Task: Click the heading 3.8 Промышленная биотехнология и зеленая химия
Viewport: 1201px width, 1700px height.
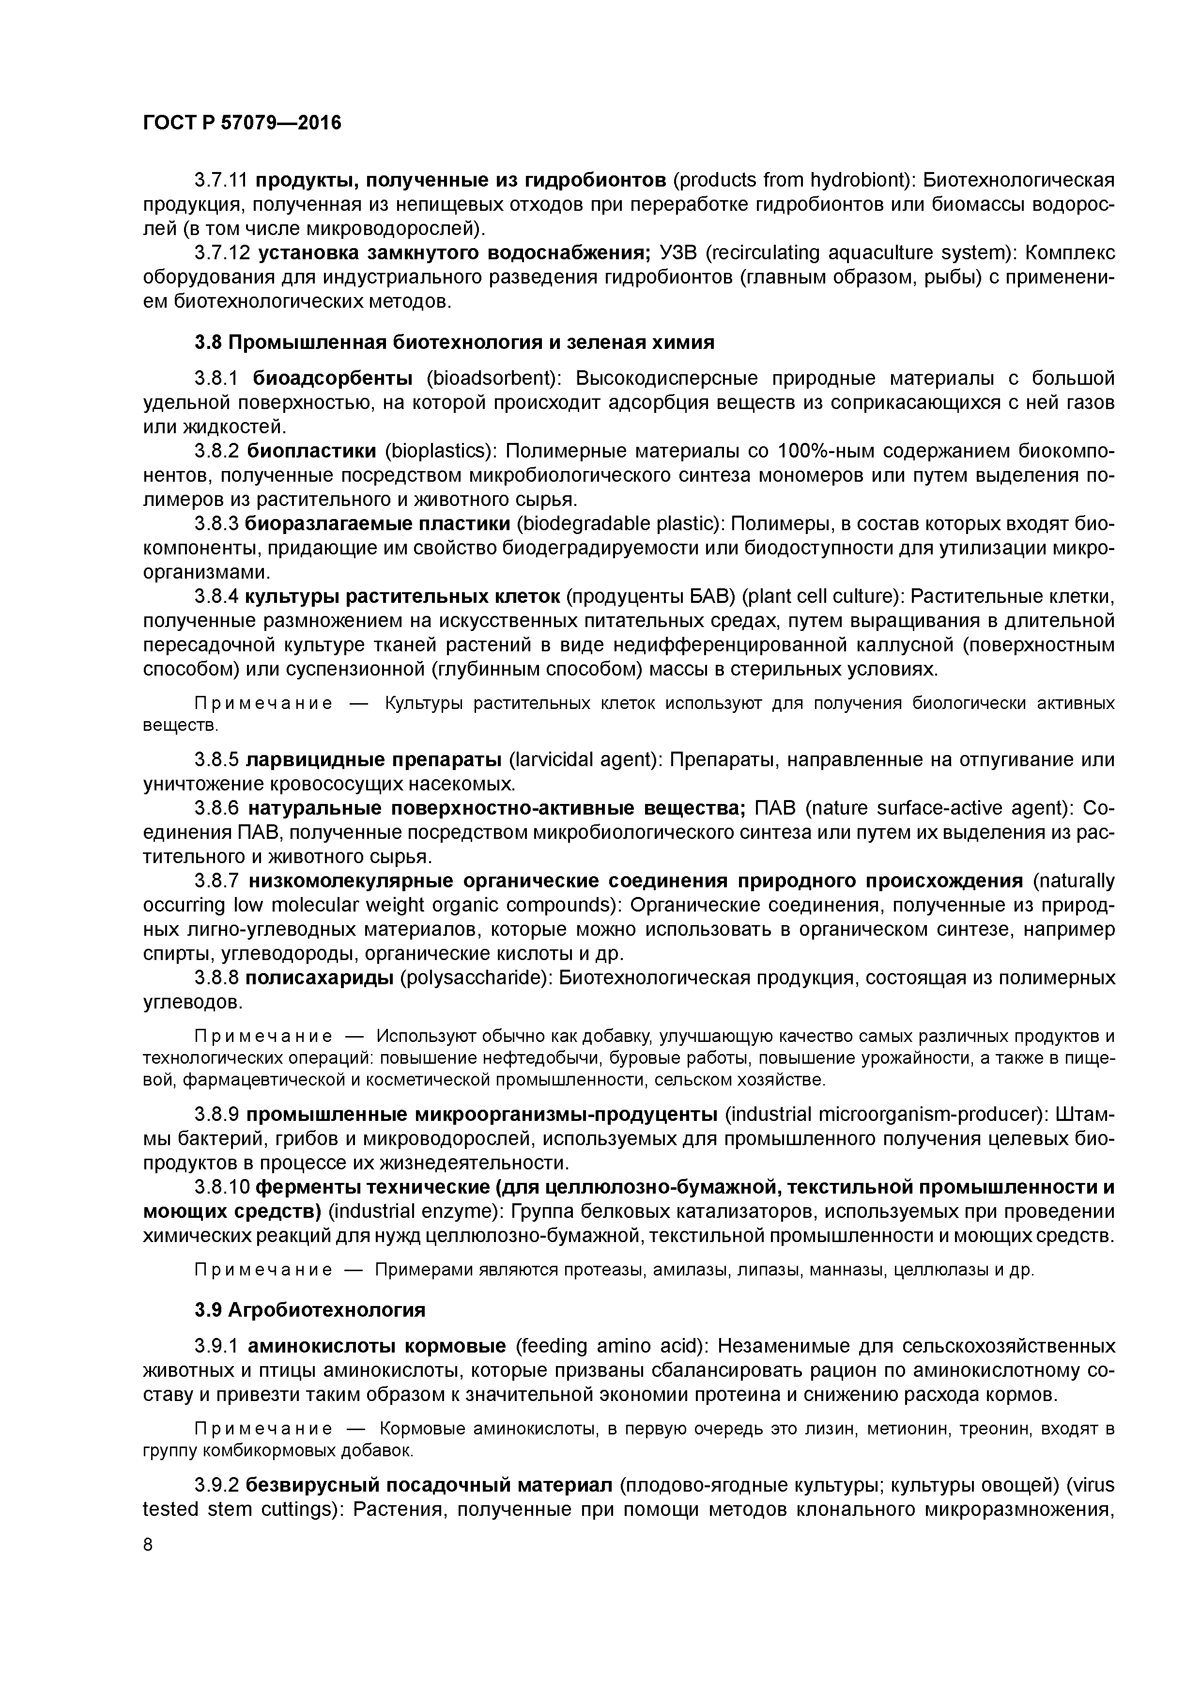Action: (x=454, y=342)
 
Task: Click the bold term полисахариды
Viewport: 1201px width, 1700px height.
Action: (x=319, y=978)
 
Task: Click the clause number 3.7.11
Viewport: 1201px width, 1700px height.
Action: (x=222, y=180)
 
